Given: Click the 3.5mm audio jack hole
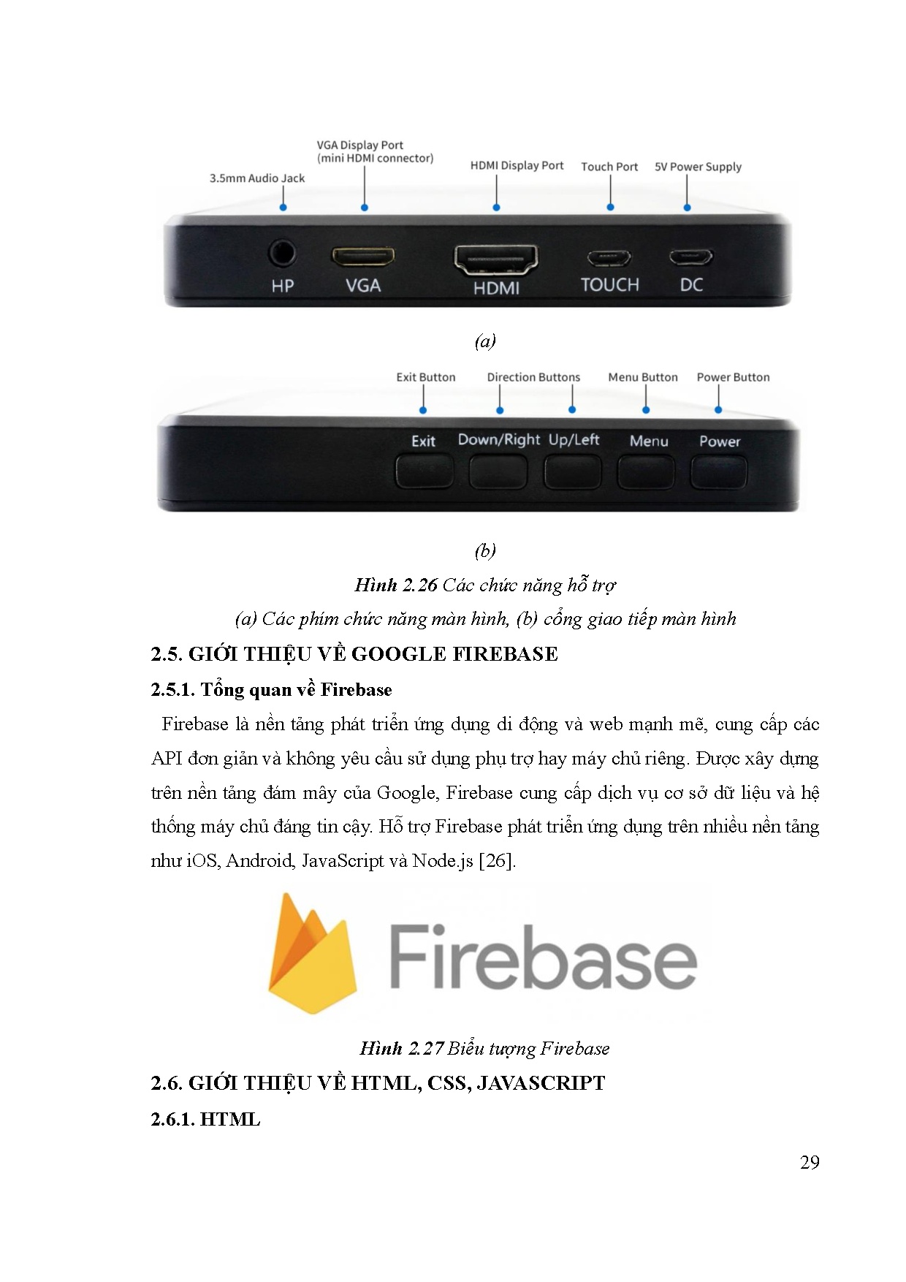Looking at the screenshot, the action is (282, 254).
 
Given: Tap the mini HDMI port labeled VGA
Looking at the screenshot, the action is (363, 257).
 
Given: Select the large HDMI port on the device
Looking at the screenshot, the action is (496, 259).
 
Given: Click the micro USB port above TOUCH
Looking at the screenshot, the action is (609, 258).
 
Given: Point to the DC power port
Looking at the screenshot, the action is (690, 257).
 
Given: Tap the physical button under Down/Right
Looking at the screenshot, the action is (498, 472).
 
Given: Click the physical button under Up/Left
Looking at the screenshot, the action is (573, 472).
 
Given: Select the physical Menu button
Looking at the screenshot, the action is (647, 472).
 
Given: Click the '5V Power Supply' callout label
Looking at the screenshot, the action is (698, 167).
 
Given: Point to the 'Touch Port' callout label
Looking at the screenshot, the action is (609, 167).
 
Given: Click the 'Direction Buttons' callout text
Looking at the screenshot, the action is (533, 377).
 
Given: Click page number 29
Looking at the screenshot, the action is (810, 1162).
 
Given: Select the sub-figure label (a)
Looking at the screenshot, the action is (485, 341).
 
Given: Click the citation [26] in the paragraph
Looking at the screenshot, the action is (497, 860).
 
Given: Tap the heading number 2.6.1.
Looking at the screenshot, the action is (173, 1119).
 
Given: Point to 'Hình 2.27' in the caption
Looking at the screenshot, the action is (402, 1048).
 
